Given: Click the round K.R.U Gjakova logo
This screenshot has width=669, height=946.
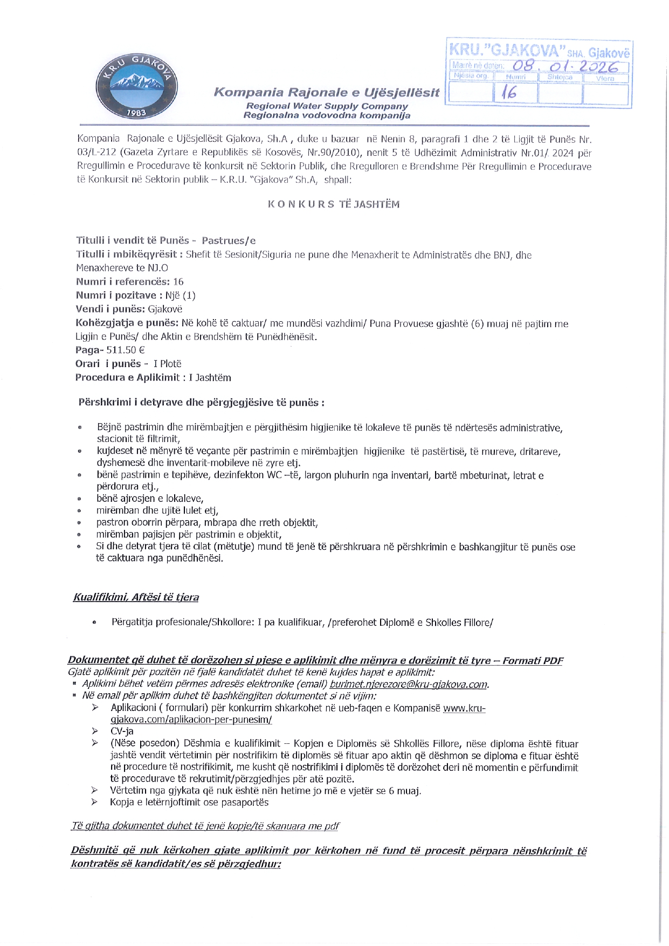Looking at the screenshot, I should [137, 87].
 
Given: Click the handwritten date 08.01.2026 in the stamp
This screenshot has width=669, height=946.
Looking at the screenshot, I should [566, 66].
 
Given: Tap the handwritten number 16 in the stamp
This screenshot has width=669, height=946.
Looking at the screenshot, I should [509, 93].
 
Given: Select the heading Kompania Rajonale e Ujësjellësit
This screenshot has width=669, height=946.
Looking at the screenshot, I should [327, 92].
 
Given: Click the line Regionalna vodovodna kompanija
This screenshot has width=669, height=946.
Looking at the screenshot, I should [327, 115].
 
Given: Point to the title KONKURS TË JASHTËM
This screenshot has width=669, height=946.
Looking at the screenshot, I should [334, 204].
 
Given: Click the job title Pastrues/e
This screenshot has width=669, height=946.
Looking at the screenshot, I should [229, 240].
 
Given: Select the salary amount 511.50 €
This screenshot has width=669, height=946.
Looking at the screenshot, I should [126, 350].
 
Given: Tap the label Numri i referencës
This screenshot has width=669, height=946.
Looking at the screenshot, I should [123, 281].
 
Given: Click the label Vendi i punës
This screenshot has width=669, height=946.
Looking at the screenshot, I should [111, 309].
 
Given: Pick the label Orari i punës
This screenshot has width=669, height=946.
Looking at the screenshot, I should [108, 364].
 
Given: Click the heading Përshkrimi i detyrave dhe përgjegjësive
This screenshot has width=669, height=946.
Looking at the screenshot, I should [201, 402].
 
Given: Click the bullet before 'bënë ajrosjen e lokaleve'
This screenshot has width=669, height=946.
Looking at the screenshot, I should [80, 499].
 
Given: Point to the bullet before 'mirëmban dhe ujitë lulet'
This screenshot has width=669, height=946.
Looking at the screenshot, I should [80, 511].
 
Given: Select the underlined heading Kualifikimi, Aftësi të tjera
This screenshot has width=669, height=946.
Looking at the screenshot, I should [136, 597].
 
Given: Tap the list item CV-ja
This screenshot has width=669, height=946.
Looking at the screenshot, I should [122, 731].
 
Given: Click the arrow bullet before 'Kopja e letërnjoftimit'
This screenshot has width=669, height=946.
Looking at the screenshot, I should [95, 803].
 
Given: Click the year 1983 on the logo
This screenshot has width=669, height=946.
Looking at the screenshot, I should [136, 113].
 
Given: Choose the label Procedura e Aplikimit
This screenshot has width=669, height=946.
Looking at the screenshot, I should [127, 377].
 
